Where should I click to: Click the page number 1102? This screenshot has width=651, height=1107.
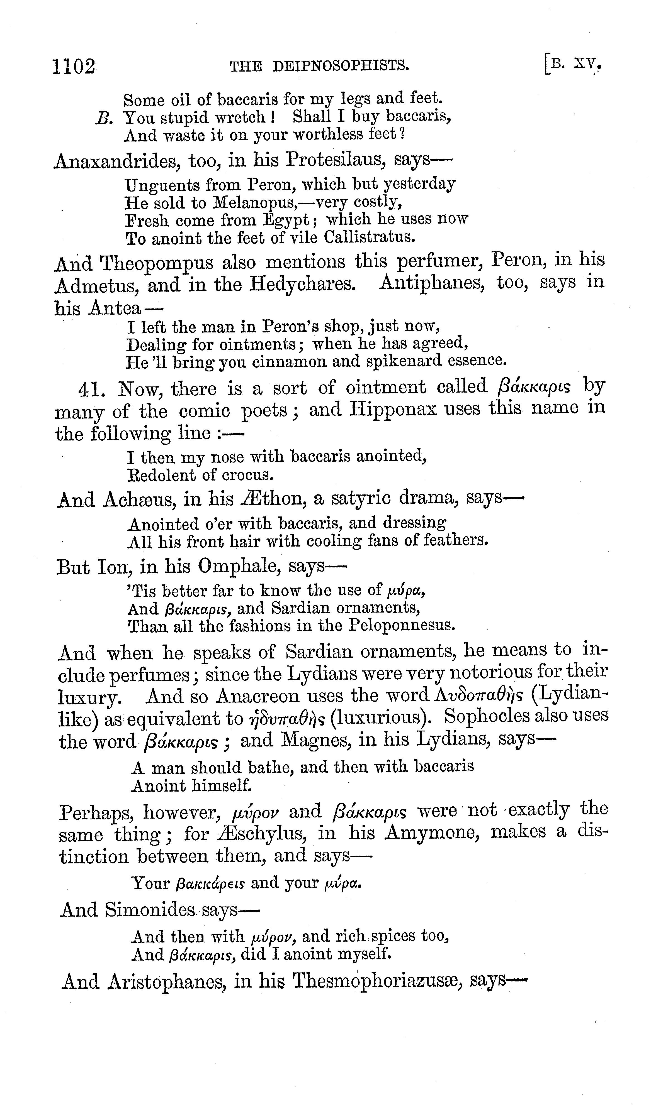coord(73,67)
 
